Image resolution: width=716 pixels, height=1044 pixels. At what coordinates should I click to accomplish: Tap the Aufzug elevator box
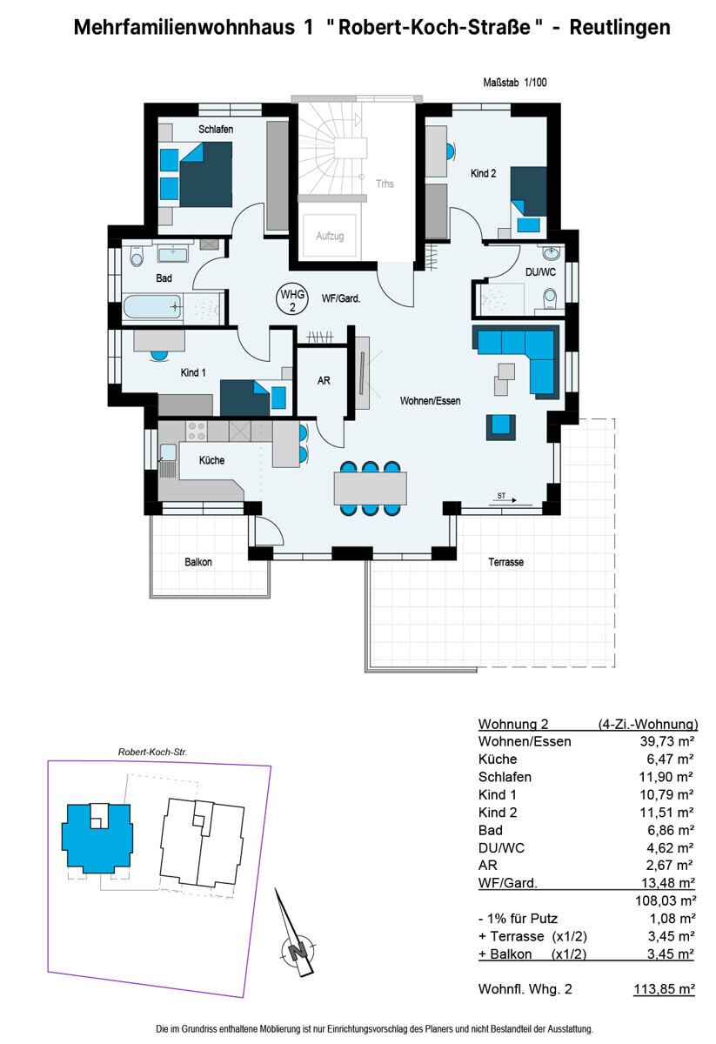(329, 236)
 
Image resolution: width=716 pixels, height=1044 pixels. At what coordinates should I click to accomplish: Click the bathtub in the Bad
(153, 307)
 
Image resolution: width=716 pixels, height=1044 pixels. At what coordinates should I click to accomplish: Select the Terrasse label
(505, 563)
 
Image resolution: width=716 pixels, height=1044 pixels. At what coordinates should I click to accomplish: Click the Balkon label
(197, 562)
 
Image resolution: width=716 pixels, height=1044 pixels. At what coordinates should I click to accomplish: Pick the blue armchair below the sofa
(501, 425)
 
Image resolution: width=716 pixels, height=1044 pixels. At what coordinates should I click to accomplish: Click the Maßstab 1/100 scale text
(514, 84)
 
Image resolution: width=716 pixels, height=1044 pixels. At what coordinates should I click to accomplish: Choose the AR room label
(324, 381)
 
